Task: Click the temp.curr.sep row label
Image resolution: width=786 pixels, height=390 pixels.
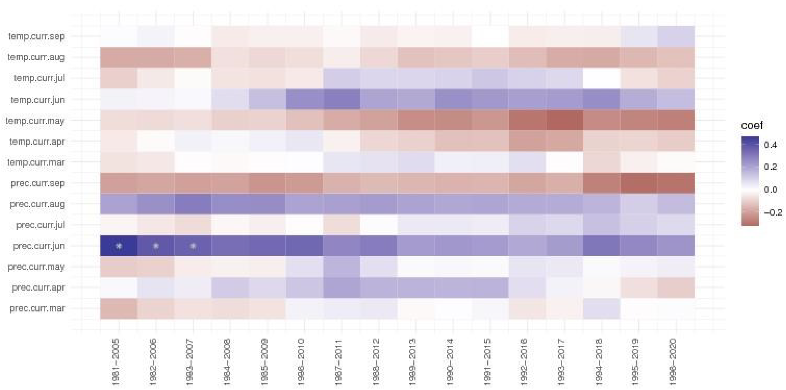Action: pos(37,36)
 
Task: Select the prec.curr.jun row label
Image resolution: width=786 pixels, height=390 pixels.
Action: pos(39,246)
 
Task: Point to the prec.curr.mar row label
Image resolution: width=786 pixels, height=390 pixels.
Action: pos(37,309)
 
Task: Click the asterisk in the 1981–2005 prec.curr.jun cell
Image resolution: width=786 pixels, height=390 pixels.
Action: pos(119,246)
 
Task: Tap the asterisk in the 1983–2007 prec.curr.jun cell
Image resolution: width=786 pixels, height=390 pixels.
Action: pos(193,246)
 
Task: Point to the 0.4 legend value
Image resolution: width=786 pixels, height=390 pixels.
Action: pos(770,145)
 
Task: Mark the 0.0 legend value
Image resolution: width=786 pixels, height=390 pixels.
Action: pos(770,190)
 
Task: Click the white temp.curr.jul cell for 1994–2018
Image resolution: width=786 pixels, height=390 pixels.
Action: pos(601,78)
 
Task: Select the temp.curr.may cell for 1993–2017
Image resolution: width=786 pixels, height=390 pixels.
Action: pos(564,120)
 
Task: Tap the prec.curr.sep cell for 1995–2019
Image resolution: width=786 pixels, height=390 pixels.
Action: pos(639,183)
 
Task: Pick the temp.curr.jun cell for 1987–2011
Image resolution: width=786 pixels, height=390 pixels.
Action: pos(341,99)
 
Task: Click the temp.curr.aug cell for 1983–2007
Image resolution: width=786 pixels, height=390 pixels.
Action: pos(193,57)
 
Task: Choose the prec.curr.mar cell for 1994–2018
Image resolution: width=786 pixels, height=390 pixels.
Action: pos(601,309)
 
